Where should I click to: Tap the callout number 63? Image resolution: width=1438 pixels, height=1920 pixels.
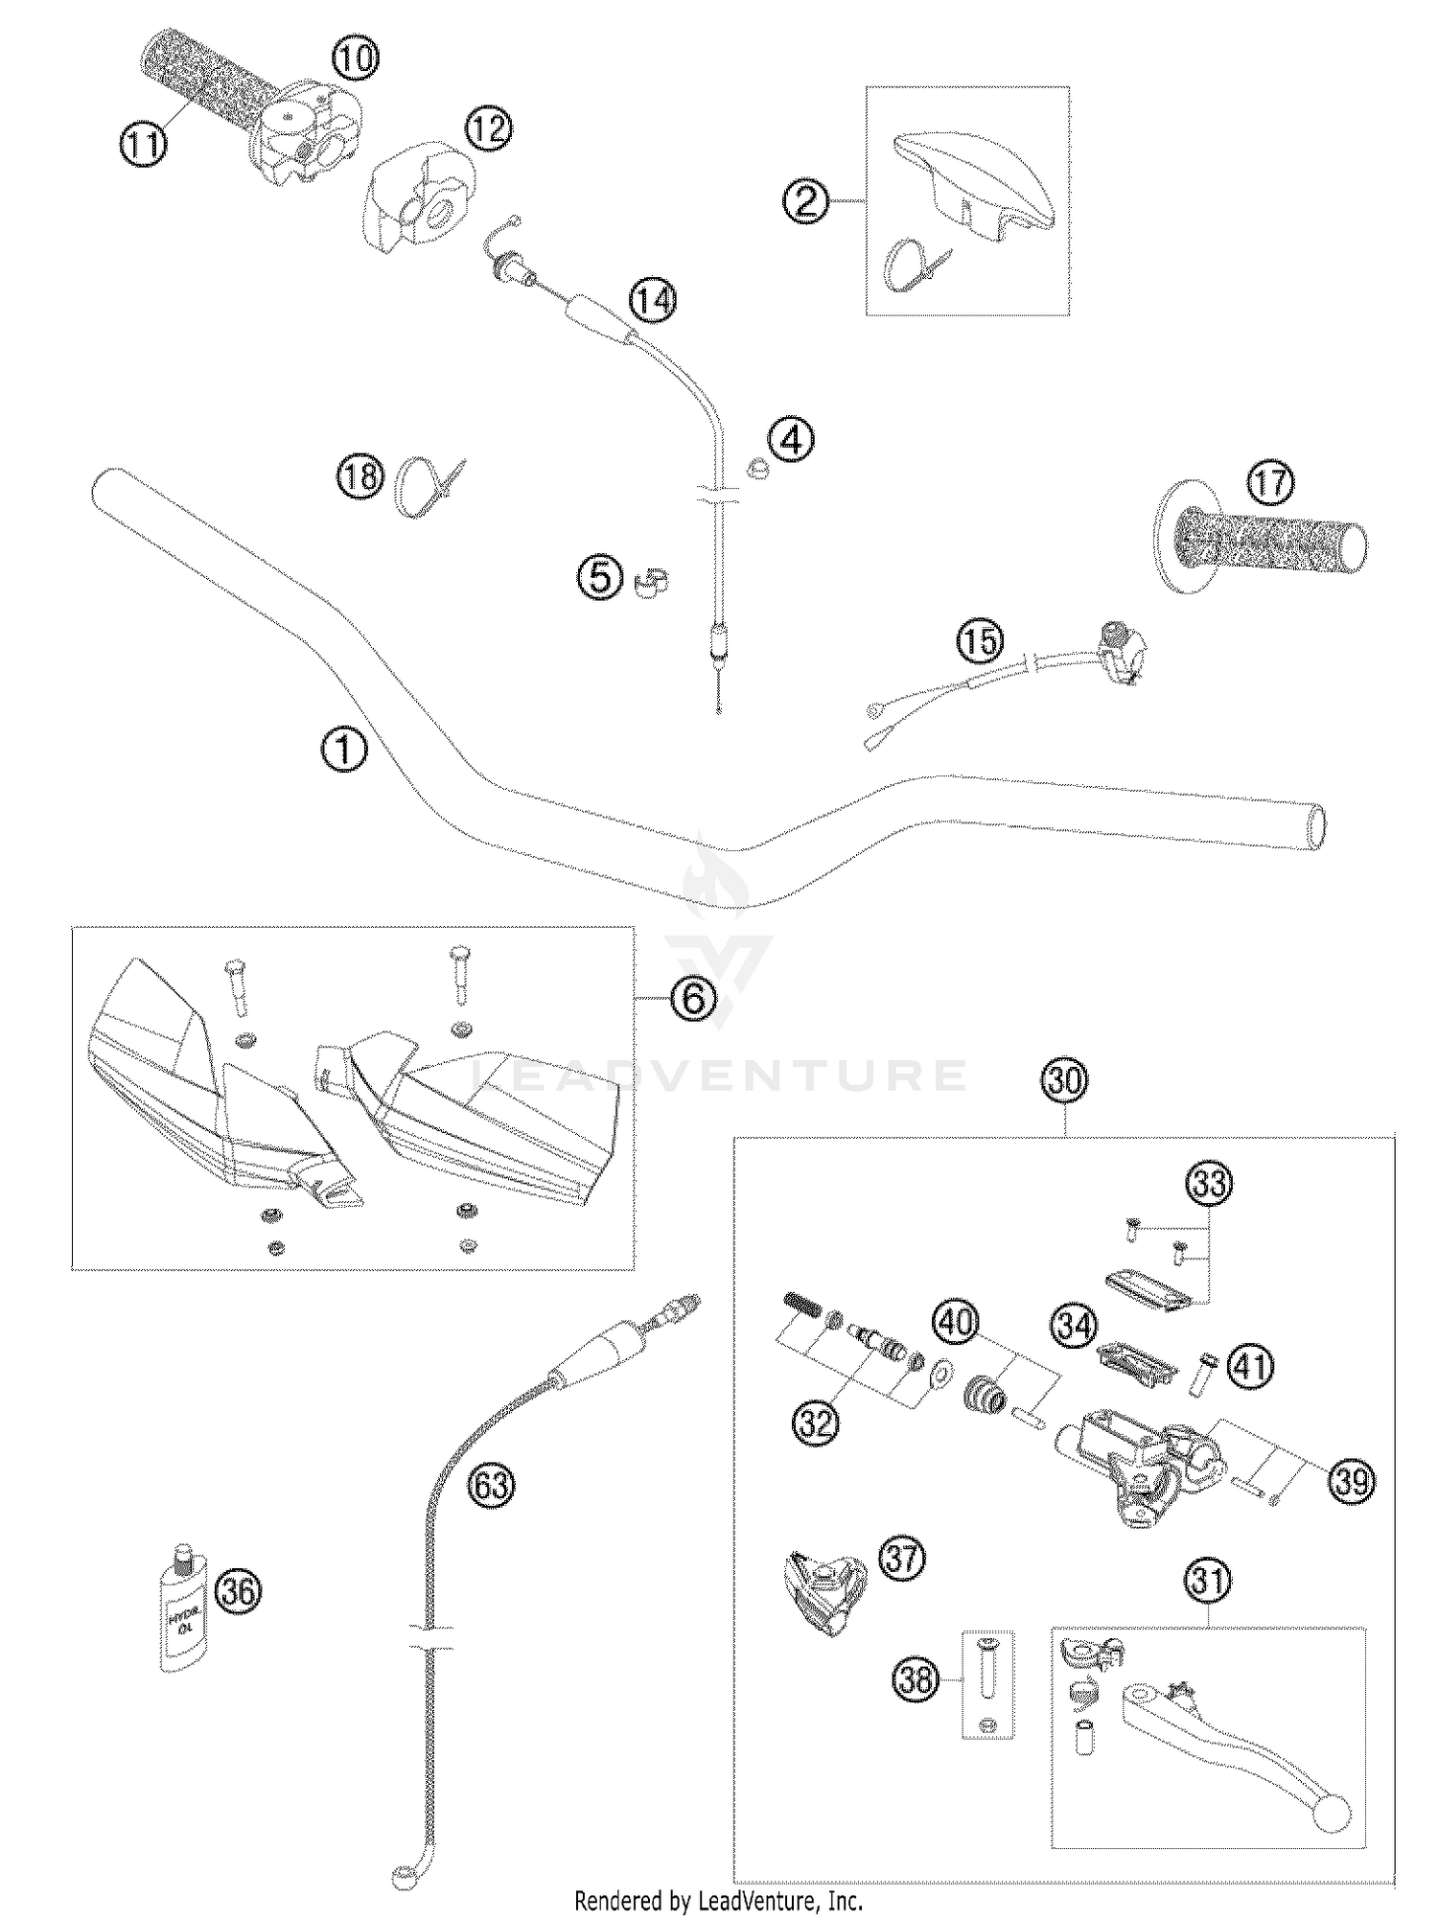point(491,1486)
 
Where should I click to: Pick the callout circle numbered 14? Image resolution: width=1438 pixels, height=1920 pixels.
point(652,300)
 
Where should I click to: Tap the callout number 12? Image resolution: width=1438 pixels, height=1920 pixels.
point(488,127)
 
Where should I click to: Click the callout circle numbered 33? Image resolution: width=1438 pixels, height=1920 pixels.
point(1209,1184)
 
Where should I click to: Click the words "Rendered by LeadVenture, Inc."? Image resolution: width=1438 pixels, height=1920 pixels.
point(718,1900)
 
